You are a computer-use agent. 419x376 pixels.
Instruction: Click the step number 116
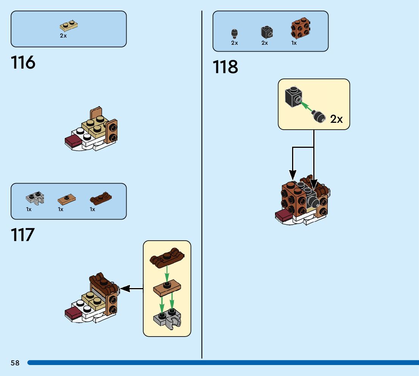coord(23,63)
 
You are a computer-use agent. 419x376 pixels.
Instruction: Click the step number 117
coord(23,235)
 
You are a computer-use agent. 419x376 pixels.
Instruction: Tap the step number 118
coord(225,67)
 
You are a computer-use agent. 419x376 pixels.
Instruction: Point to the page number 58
coord(15,363)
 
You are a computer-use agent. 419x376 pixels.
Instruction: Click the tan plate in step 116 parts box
coord(69,26)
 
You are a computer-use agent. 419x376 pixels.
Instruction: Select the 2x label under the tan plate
coord(63,36)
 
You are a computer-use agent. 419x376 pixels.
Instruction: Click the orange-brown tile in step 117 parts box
coord(67,198)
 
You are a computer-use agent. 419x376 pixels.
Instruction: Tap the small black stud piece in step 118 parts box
coord(235,34)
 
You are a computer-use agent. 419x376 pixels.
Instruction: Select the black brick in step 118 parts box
coord(267,32)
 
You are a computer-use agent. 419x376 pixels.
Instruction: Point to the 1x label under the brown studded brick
coord(294,43)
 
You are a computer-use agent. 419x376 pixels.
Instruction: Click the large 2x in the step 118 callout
coord(336,119)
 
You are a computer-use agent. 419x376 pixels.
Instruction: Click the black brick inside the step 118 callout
coord(292,96)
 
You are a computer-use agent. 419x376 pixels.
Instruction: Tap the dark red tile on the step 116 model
coord(73,141)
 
